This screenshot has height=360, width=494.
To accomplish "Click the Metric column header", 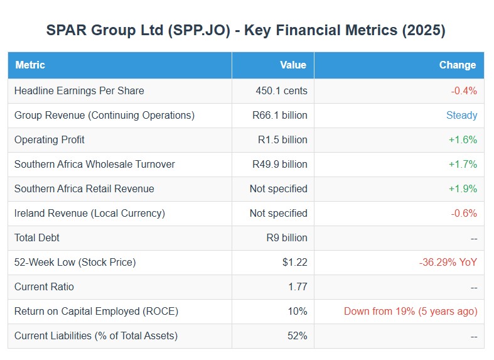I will pyautogui.click(x=30, y=65).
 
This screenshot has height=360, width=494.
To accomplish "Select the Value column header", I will pyautogui.click(x=293, y=65).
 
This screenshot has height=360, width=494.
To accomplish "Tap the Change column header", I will pyautogui.click(x=457, y=65).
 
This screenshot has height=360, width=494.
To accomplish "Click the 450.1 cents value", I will pyautogui.click(x=281, y=90).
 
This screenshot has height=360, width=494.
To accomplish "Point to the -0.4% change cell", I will pyautogui.click(x=464, y=90).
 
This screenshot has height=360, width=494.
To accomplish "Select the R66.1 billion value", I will pyautogui.click(x=279, y=115).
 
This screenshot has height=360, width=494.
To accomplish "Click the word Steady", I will pyautogui.click(x=461, y=115).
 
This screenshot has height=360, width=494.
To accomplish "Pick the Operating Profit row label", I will pyautogui.click(x=50, y=139).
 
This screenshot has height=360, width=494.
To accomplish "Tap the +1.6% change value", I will pyautogui.click(x=463, y=139).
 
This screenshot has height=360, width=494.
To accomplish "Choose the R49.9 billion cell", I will pyautogui.click(x=279, y=164).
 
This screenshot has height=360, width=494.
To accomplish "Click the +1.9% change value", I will pyautogui.click(x=463, y=188).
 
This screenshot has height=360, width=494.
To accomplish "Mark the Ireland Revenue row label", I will pyautogui.click(x=90, y=213).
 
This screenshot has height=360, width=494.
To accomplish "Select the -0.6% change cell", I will pyautogui.click(x=464, y=213).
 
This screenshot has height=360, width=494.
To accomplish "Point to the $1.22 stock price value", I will pyautogui.click(x=294, y=262).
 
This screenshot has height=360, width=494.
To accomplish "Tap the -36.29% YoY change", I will pyautogui.click(x=448, y=262).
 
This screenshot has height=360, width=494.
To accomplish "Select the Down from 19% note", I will pyautogui.click(x=411, y=311).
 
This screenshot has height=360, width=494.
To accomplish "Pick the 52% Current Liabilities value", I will pyautogui.click(x=297, y=335).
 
